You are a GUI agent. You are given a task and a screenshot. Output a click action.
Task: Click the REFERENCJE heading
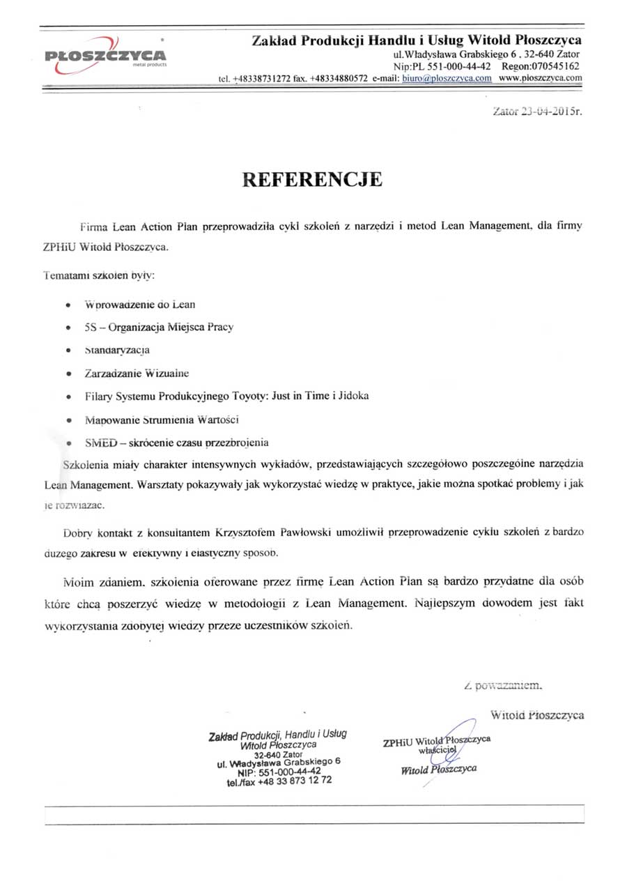click(x=312, y=180)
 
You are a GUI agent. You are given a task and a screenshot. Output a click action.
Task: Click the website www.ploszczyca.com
click(x=540, y=78)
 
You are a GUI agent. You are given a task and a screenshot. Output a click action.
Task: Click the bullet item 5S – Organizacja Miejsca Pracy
click(x=158, y=328)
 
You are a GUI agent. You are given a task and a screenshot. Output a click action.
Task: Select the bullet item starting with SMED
click(x=176, y=443)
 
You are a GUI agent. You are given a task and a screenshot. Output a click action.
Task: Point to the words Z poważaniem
click(x=502, y=687)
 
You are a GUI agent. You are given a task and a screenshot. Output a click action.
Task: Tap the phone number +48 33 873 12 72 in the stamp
click(x=293, y=781)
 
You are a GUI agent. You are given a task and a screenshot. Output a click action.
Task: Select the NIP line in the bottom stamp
click(x=279, y=772)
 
